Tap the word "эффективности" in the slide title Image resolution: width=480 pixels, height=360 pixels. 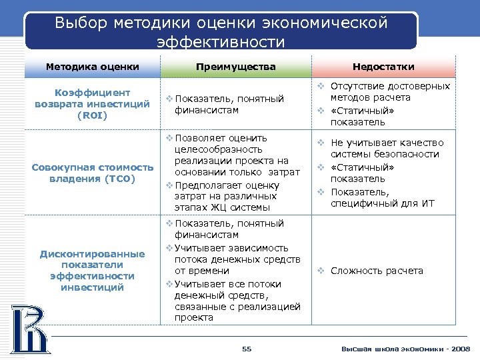coord(220,43)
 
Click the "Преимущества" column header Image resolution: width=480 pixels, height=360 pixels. coord(236,67)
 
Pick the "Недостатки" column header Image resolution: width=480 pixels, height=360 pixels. coord(384,67)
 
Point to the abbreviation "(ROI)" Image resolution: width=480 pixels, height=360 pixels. coord(92,115)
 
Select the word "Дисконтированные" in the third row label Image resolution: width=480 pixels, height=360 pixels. coord(92,254)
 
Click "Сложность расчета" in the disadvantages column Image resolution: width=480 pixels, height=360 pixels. coord(377,271)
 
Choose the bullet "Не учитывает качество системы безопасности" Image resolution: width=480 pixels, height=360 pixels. coord(385,149)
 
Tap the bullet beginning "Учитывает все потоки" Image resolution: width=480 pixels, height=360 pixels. coord(233,301)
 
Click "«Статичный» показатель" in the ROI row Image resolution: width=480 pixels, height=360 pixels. coord(363,117)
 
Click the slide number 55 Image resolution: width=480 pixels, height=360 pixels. coord(247,349)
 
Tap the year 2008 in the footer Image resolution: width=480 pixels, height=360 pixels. coord(460,349)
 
